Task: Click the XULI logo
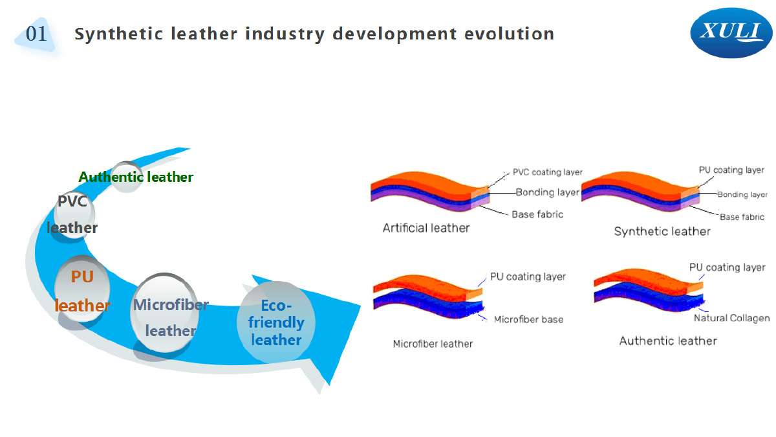click(731, 33)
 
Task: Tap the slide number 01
click(36, 34)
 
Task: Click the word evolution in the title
click(510, 34)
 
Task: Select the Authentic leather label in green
click(136, 177)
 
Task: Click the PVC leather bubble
click(74, 215)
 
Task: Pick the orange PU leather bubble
click(83, 289)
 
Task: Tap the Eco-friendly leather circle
click(276, 322)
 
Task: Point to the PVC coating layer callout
click(547, 172)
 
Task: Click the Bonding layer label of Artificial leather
click(547, 192)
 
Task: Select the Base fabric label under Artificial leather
click(537, 214)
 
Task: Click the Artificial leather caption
click(426, 228)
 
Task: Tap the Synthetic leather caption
click(662, 231)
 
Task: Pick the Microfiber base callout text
click(528, 319)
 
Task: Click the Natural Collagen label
click(731, 318)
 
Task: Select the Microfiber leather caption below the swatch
click(433, 344)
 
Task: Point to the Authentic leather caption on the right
click(668, 341)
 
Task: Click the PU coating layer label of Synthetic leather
click(731, 170)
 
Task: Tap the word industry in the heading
click(285, 34)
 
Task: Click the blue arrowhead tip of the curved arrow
click(329, 385)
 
